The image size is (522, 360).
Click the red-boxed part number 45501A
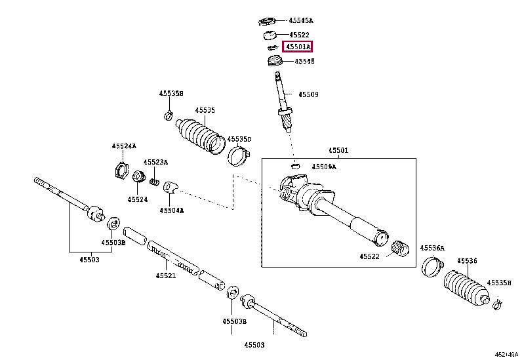[x=297, y=47]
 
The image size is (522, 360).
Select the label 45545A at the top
[x=301, y=20]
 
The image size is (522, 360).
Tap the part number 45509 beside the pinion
[x=308, y=94]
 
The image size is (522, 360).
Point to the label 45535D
[x=239, y=140]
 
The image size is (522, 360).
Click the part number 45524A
[x=123, y=146]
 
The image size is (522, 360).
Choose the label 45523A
[x=156, y=161]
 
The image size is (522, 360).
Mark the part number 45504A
[x=172, y=210]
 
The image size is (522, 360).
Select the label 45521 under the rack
[x=166, y=275]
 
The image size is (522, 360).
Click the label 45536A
[x=432, y=248]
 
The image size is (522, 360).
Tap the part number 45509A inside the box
[x=324, y=167]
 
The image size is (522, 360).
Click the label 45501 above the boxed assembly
[x=338, y=150]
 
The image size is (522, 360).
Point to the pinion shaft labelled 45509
[x=285, y=105]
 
